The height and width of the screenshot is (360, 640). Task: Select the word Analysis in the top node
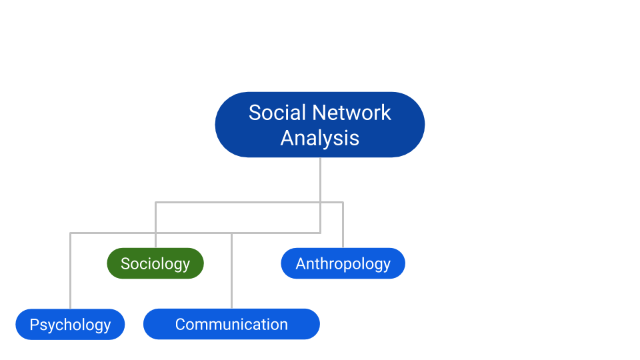pos(320,138)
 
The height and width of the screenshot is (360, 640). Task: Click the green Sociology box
pos(155,263)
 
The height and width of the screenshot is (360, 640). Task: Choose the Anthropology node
pos(343,263)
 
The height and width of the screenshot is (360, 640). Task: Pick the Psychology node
pos(70,325)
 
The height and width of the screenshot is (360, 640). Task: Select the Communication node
pos(231,325)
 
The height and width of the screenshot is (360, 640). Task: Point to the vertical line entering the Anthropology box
pos(343,227)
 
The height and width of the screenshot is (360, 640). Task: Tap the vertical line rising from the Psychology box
pos(70,273)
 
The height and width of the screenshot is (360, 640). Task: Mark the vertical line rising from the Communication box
pos(231,273)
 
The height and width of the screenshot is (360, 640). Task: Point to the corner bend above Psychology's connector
pos(70,233)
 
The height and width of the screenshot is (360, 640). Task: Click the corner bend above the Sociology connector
pos(155,202)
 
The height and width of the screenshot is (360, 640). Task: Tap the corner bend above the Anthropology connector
pos(343,202)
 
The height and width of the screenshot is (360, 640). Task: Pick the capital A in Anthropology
pos(301,263)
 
